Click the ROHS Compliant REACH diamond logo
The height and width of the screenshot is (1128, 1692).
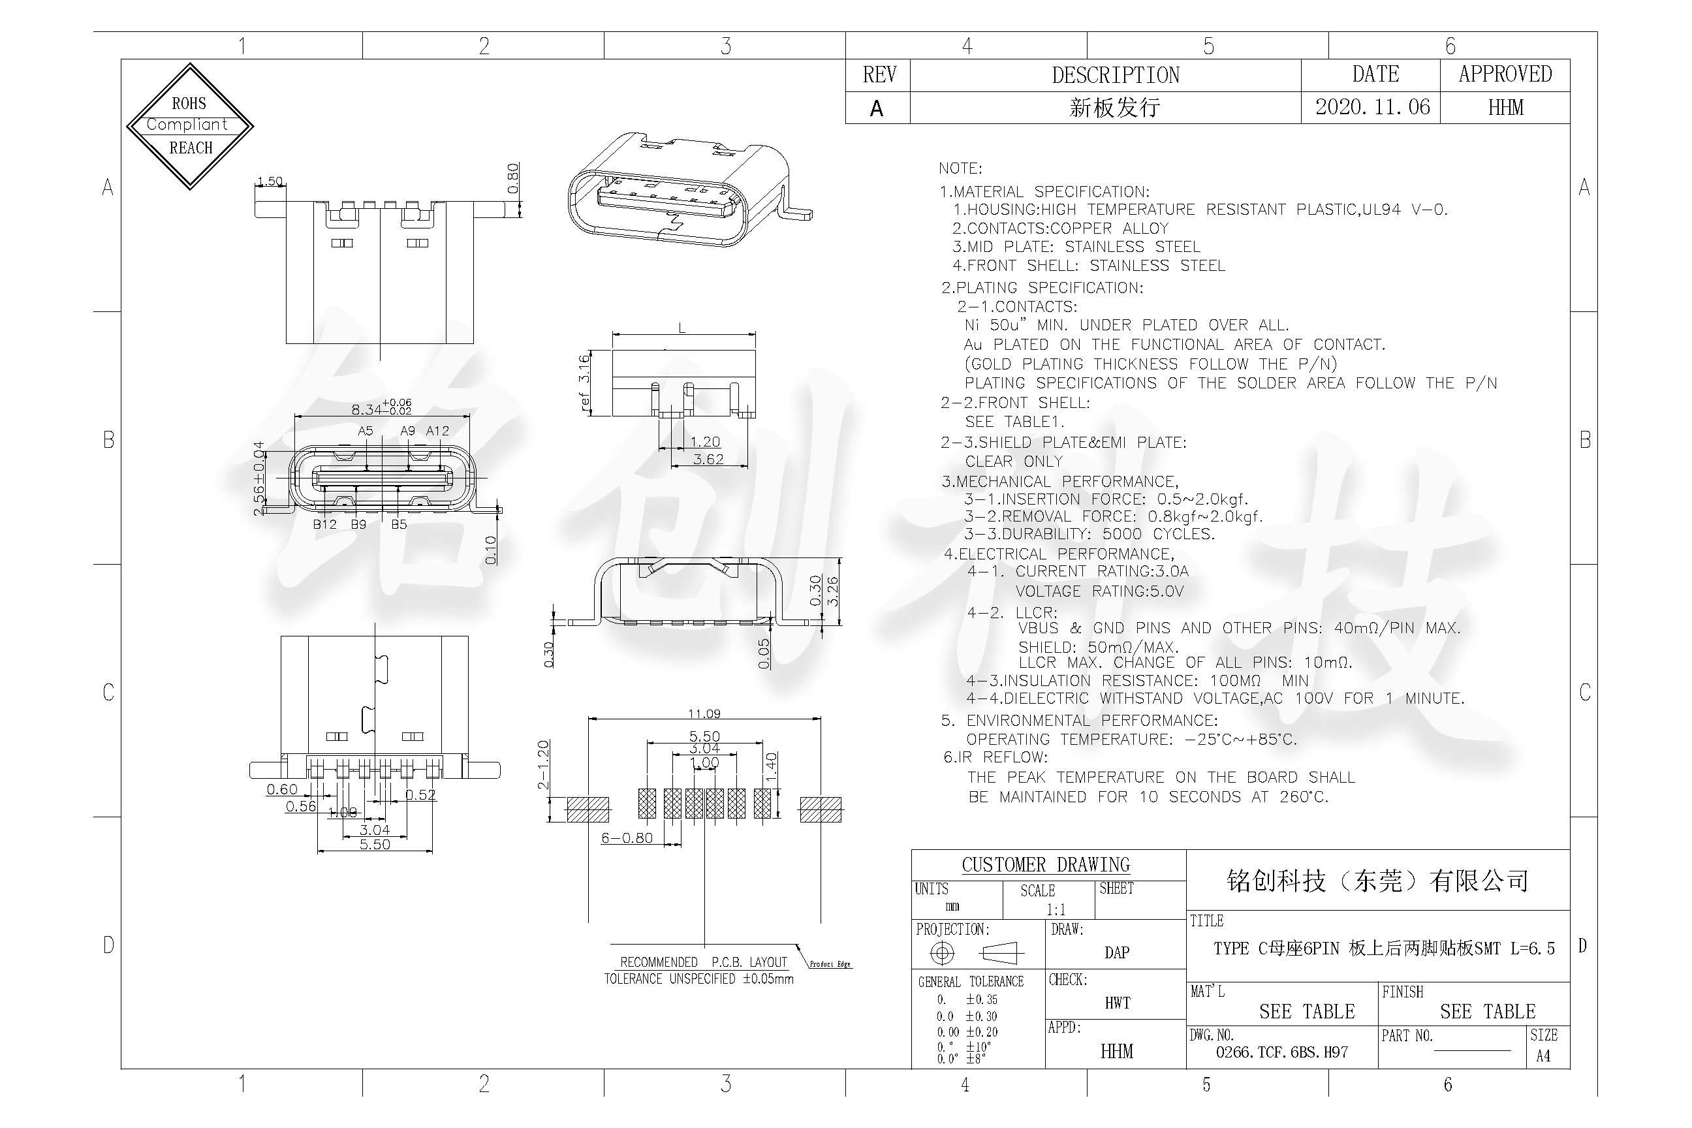click(190, 126)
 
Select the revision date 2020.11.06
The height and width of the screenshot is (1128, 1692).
click(1372, 107)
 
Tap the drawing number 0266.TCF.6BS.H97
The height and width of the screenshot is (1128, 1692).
click(1281, 1052)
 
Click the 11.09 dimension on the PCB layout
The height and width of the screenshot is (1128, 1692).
click(704, 713)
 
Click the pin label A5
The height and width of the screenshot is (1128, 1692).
click(366, 431)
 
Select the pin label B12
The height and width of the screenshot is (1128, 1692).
click(324, 524)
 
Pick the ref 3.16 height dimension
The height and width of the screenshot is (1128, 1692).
click(584, 382)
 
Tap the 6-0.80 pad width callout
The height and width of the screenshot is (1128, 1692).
click(627, 838)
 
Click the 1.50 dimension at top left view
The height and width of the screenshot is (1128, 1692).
click(270, 181)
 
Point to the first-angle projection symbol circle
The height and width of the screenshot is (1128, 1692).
click(942, 953)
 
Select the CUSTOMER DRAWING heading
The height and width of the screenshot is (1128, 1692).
click(1045, 865)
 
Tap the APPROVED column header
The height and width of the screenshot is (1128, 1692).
click(1505, 74)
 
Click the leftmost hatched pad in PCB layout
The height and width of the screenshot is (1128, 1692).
click(587, 809)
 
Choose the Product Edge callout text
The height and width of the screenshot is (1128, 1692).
click(830, 964)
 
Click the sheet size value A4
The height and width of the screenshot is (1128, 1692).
click(1543, 1056)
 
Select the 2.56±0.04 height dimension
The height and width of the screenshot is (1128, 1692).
click(259, 478)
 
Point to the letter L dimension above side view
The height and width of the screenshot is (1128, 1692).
click(682, 328)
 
